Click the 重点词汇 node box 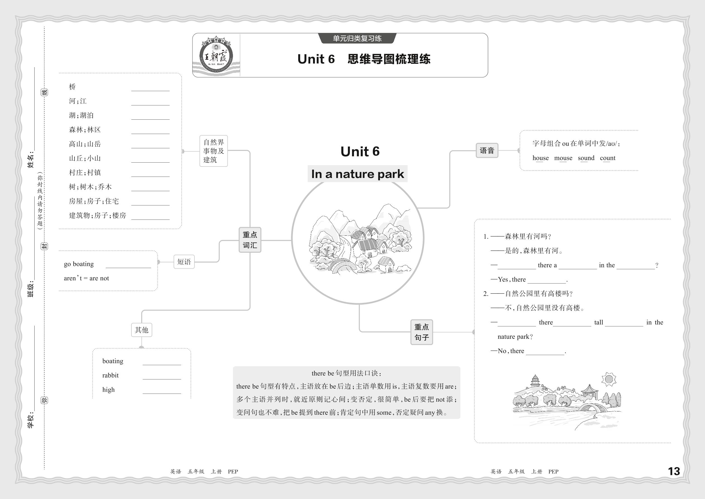click(x=250, y=240)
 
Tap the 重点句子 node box click(x=421, y=332)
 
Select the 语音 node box click(x=487, y=151)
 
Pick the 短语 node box click(x=184, y=262)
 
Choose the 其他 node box click(x=141, y=330)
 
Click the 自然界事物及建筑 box click(x=214, y=151)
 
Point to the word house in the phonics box click(x=540, y=158)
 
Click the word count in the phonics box click(x=607, y=158)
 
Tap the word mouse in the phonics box click(x=563, y=158)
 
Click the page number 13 click(x=674, y=471)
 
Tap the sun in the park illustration click(x=608, y=379)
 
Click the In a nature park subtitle click(x=357, y=174)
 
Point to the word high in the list click(x=108, y=390)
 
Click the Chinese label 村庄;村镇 click(x=85, y=173)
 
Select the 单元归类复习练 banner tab click(x=357, y=38)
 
